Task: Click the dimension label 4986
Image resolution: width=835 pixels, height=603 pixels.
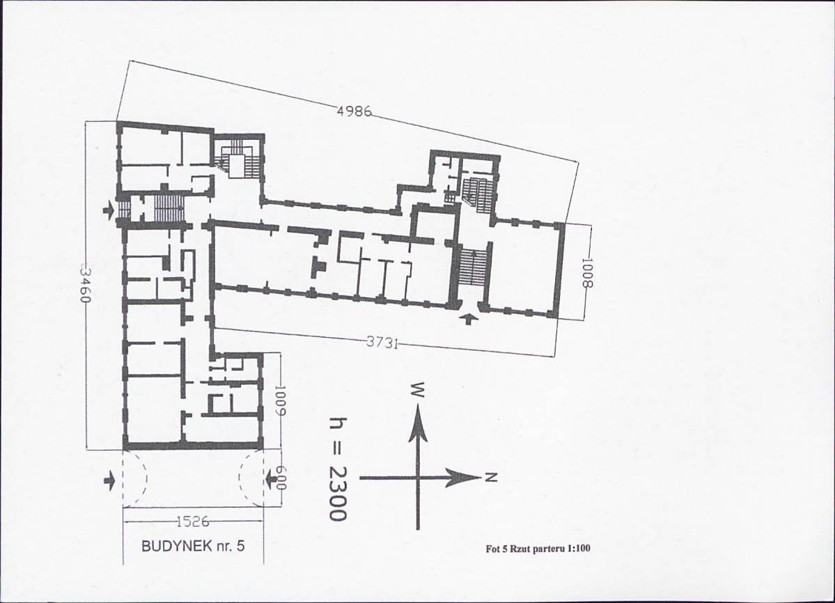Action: [x=354, y=112]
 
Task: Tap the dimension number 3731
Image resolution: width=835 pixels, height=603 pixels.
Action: [x=382, y=343]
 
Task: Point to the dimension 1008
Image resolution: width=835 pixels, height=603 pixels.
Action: [x=586, y=272]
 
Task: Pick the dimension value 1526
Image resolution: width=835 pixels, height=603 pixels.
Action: [x=192, y=522]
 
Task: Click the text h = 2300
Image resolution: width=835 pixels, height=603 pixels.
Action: [x=338, y=469]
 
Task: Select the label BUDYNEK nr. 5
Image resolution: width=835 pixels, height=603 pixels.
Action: [x=193, y=546]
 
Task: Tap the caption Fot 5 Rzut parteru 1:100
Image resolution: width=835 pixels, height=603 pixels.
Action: [x=538, y=549]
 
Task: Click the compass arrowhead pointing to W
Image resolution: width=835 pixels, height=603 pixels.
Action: [x=419, y=423]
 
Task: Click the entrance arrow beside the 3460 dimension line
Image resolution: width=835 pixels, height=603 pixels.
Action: [x=109, y=210]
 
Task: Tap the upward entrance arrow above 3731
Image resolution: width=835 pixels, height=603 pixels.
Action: [x=469, y=318]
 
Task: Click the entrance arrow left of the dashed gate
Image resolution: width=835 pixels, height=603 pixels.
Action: [x=109, y=482]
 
